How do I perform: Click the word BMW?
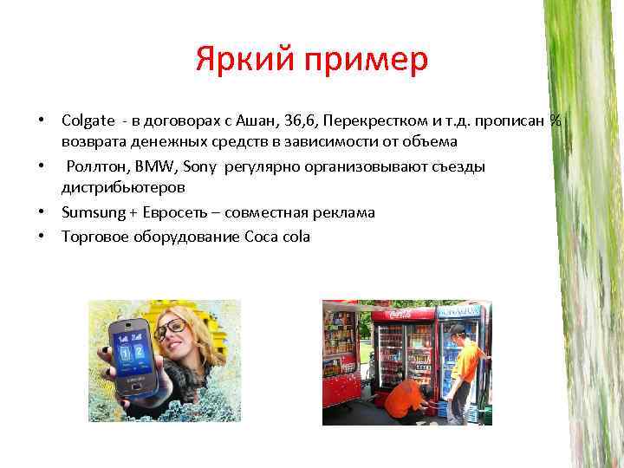click(x=153, y=166)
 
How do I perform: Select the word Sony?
click(x=198, y=166)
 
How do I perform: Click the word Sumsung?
click(x=89, y=212)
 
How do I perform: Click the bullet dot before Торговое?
click(x=40, y=237)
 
